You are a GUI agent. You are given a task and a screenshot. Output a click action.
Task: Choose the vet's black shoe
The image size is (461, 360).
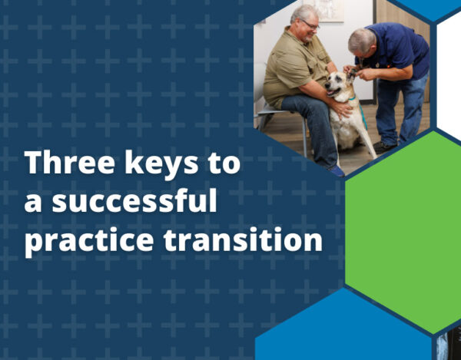384,147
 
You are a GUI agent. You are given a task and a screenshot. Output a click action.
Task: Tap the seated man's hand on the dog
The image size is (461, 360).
341,108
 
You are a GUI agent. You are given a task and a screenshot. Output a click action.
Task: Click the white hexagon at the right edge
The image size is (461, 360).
449,77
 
